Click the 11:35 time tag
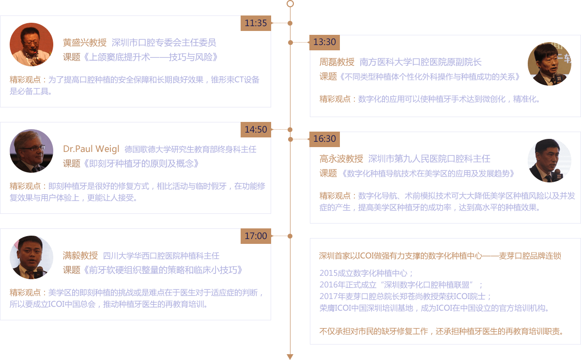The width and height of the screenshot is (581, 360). [256, 23]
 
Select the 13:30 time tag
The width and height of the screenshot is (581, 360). [324, 42]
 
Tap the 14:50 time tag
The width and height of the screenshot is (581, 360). [256, 130]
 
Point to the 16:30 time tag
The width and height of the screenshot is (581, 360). [324, 139]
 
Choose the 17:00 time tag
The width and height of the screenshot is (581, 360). [256, 236]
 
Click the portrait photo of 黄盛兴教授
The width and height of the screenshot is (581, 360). [31, 45]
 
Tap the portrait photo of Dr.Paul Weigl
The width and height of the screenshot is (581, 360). [31, 151]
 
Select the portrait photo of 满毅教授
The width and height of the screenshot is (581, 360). [31, 257]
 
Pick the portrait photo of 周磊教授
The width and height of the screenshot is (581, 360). [550, 64]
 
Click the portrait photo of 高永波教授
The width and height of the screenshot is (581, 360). [550, 161]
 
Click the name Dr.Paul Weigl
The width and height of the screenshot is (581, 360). [91, 149]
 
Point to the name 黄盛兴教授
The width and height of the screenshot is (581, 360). [85, 43]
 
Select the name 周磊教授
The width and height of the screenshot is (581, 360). [337, 62]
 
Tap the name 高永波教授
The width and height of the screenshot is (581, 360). [341, 159]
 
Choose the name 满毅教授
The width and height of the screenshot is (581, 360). [80, 255]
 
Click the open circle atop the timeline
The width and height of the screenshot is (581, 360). [290, 4]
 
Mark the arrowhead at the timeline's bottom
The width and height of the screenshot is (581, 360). [290, 357]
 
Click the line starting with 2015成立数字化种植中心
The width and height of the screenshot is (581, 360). [366, 273]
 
